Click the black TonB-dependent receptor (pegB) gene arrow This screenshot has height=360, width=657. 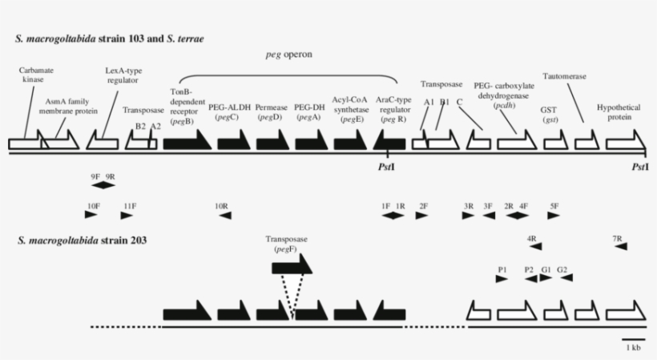[x=187, y=142]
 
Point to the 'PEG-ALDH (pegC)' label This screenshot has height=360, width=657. [x=229, y=111]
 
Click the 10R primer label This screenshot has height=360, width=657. [x=222, y=205]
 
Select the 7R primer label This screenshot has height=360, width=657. [x=618, y=238]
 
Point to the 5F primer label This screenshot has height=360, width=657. [x=554, y=205]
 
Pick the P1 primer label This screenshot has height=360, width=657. [x=502, y=269]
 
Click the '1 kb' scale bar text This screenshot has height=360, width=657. [x=632, y=347]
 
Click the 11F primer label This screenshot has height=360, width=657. [x=127, y=205]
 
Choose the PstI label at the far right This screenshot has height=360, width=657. [x=639, y=167]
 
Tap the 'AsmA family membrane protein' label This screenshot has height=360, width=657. [x=66, y=107]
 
